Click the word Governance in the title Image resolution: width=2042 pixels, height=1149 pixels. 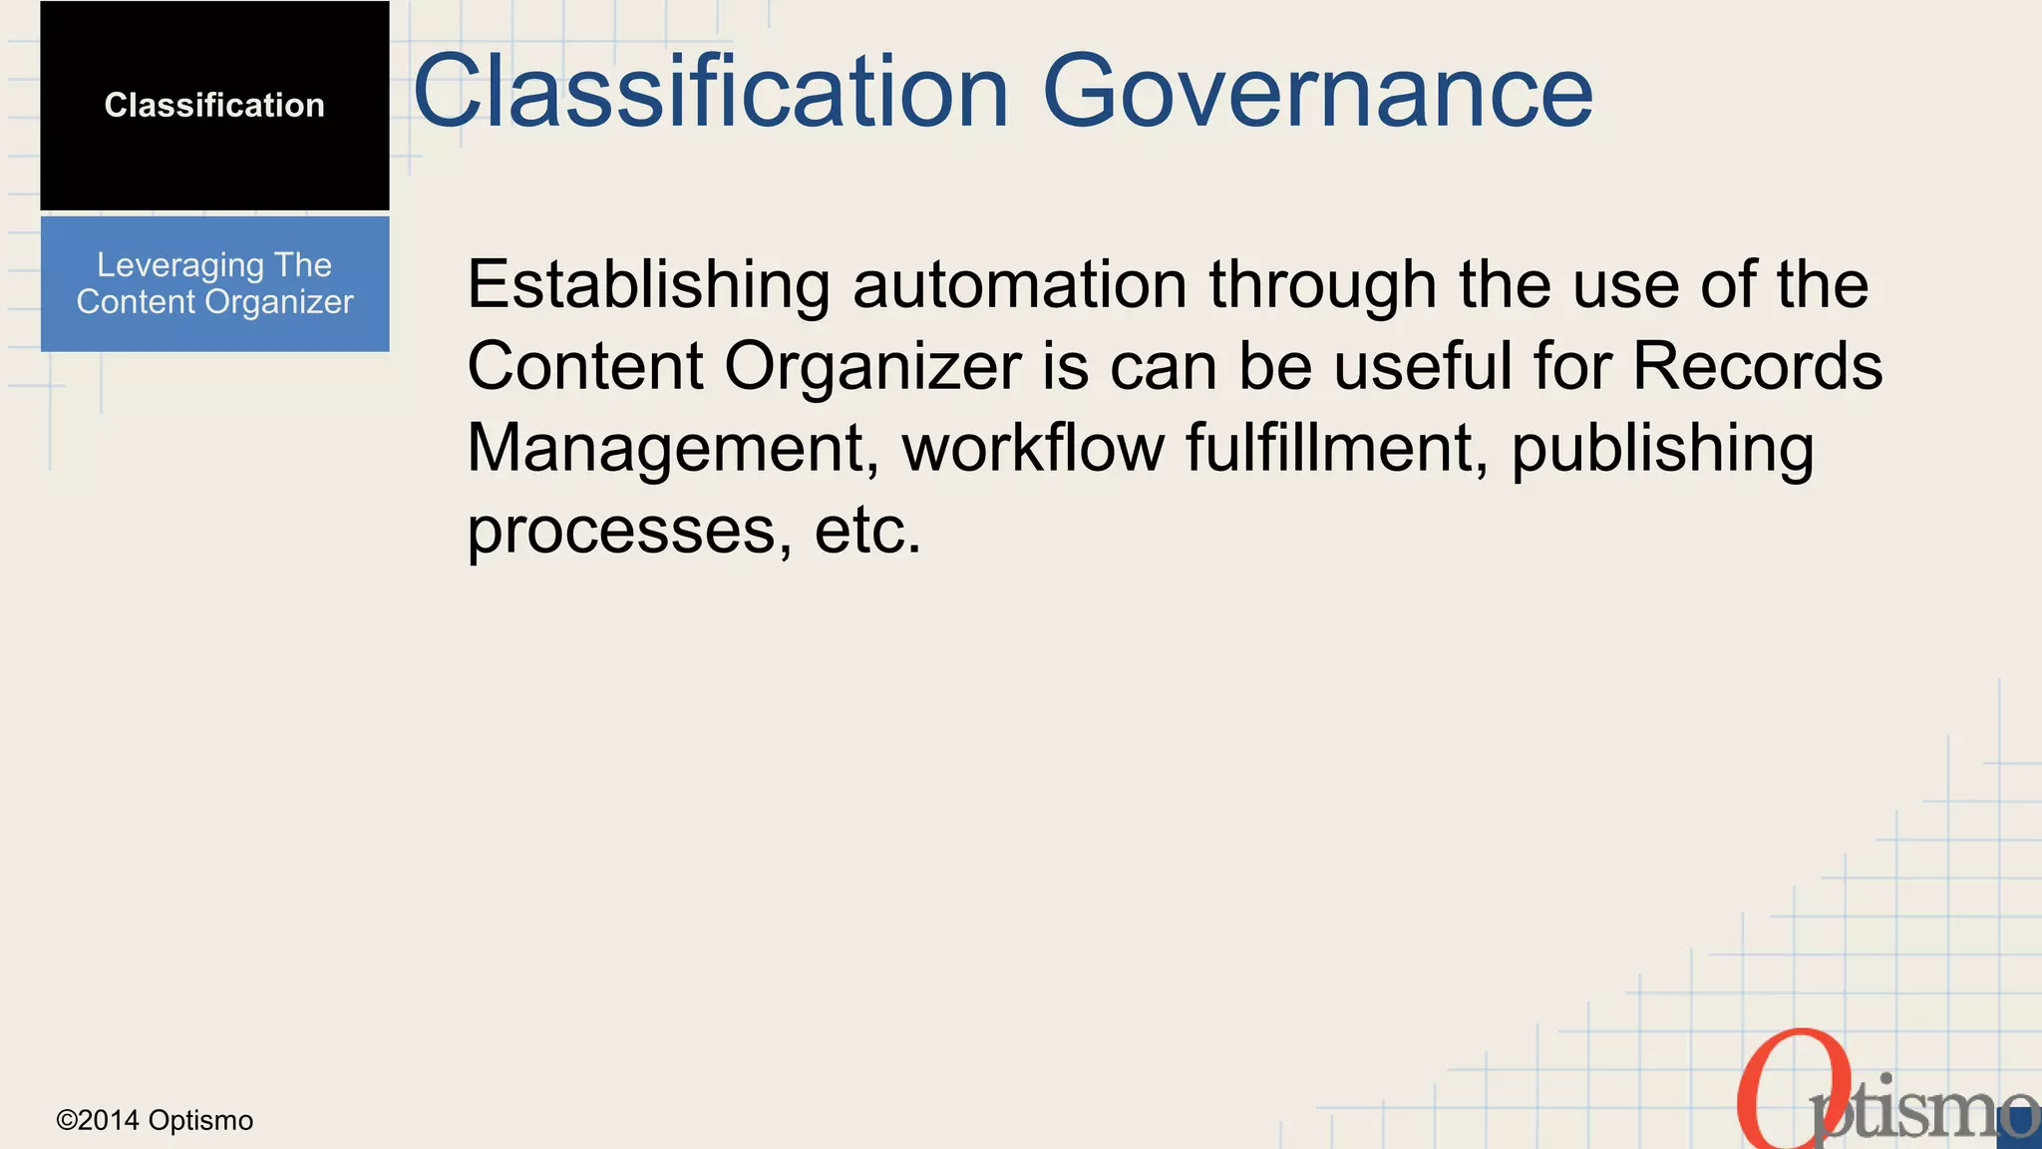pyautogui.click(x=1317, y=92)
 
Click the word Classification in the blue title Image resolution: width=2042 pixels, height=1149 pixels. pyautogui.click(x=711, y=92)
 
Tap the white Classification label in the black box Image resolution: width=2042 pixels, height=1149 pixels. pyautogui.click(x=214, y=105)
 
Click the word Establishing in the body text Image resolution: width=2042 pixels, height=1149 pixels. pyautogui.click(x=648, y=285)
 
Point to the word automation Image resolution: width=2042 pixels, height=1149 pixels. pyautogui.click(x=1019, y=285)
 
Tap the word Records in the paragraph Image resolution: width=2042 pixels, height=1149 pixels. pyautogui.click(x=1757, y=366)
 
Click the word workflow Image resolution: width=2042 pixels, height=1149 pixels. pyautogui.click(x=1033, y=448)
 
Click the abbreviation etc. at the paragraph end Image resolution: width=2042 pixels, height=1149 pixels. pyautogui.click(x=867, y=531)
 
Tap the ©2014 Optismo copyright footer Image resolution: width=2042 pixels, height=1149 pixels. pyautogui.click(x=155, y=1120)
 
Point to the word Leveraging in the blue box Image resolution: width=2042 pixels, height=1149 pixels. pyautogui.click(x=180, y=266)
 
